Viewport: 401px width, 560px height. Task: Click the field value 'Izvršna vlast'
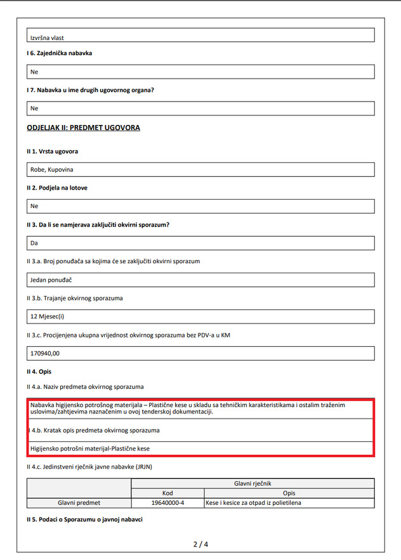(47, 38)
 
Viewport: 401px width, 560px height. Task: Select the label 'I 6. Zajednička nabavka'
(59, 53)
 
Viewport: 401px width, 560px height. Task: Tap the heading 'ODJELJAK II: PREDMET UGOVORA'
(83, 127)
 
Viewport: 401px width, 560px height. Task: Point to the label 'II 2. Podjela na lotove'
(57, 188)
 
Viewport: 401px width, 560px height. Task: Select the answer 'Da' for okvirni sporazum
(34, 243)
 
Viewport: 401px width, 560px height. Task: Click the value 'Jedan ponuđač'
(51, 280)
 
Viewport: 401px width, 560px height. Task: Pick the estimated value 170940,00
(49, 353)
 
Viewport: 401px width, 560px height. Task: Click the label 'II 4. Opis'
(39, 371)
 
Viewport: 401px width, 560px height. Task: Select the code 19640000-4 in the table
(168, 503)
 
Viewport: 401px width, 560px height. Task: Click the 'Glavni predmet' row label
(79, 503)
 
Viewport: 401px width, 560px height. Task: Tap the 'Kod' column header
(168, 493)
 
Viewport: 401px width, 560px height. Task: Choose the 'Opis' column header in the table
(289, 493)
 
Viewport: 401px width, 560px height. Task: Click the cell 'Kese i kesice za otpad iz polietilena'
(253, 503)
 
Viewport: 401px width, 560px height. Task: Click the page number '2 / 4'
(201, 544)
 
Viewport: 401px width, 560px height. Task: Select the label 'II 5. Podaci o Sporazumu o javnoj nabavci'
(84, 520)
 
